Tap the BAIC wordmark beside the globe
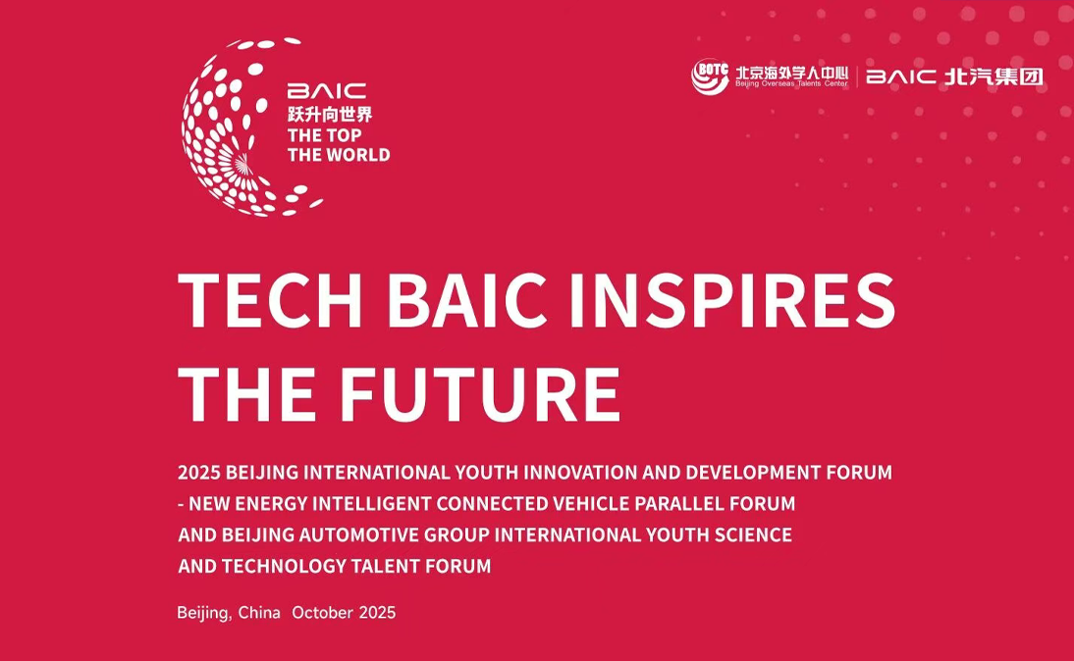click(x=327, y=91)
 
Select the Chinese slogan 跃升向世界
click(x=330, y=115)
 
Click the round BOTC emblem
click(x=710, y=76)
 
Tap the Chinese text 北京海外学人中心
click(x=792, y=73)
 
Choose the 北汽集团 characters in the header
click(x=993, y=76)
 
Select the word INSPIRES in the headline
click(x=732, y=300)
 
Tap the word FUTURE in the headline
click(x=480, y=394)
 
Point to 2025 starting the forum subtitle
click(x=198, y=472)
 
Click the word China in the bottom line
click(x=259, y=612)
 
